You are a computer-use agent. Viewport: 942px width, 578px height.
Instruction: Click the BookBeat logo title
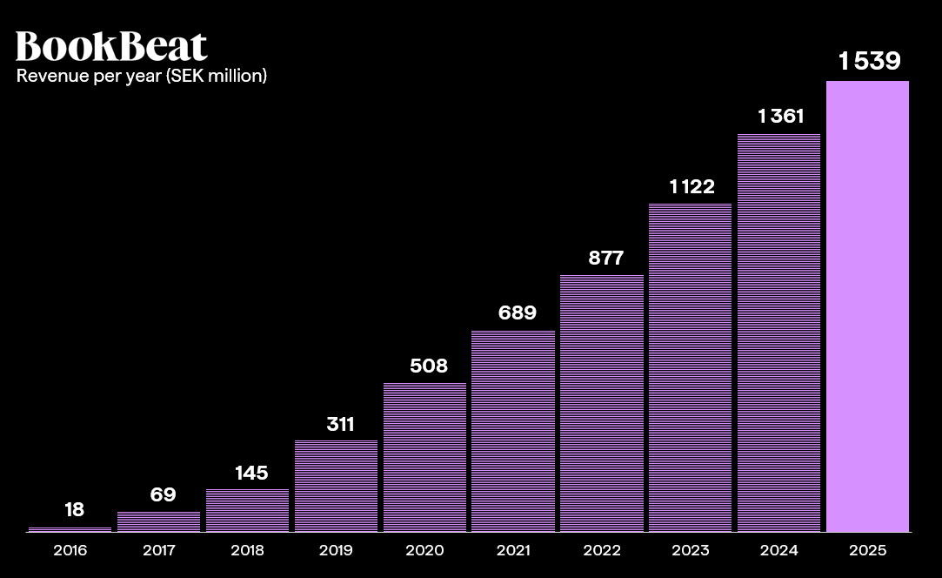(x=111, y=46)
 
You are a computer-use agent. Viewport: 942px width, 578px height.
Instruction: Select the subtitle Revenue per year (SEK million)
(x=142, y=76)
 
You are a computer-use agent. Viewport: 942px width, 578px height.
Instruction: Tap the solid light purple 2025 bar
(x=867, y=306)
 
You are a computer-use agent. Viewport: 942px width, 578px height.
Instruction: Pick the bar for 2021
(x=513, y=431)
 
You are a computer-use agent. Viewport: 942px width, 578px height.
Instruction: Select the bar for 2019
(x=336, y=486)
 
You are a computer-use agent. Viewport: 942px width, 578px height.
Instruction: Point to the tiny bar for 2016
(x=70, y=528)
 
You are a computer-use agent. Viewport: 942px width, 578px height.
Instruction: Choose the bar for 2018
(x=247, y=510)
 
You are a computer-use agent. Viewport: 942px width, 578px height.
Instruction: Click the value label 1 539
(x=869, y=61)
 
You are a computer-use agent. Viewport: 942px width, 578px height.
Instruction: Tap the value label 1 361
(x=780, y=116)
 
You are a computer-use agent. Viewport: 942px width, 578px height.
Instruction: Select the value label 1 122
(x=691, y=186)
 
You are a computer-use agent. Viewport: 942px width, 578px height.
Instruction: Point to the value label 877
(x=606, y=258)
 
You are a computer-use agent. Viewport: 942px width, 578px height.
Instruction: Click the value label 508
(x=429, y=366)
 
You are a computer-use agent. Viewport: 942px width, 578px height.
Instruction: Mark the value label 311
(x=340, y=424)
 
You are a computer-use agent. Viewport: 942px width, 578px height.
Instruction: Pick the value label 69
(x=163, y=495)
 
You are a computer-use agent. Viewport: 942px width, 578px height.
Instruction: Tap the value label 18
(x=74, y=510)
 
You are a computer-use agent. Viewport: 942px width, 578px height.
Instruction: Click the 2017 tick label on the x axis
(x=158, y=550)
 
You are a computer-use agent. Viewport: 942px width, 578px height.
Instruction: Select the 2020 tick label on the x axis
(x=424, y=550)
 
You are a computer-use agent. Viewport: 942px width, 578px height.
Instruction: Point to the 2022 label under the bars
(x=602, y=550)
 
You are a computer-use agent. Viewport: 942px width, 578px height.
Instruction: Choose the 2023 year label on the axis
(x=691, y=550)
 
